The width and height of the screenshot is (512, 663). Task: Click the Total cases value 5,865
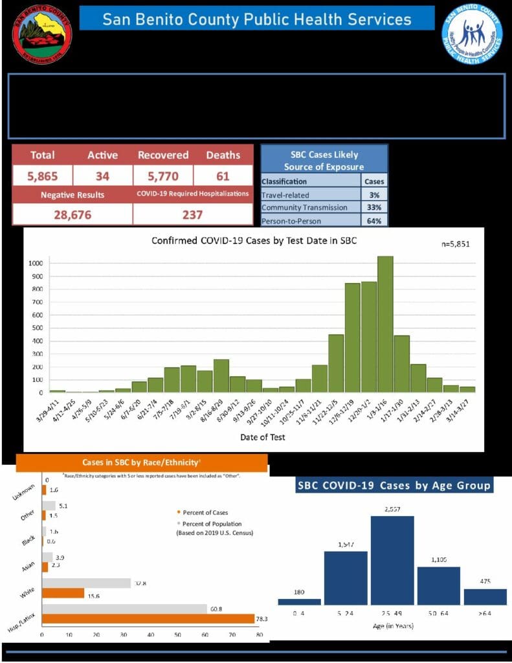(x=42, y=175)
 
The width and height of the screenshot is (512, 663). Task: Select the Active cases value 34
(x=102, y=175)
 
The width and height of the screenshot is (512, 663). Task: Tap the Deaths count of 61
(x=223, y=175)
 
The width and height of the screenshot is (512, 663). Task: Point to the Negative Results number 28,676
(x=72, y=214)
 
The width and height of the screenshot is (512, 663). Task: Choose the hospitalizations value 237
(x=192, y=214)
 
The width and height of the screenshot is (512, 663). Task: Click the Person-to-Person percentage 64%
(x=374, y=220)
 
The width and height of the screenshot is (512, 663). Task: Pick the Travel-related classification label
(x=285, y=194)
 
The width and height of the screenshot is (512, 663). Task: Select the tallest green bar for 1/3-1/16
(x=385, y=324)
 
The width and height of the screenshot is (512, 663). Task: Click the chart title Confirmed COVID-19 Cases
(x=254, y=240)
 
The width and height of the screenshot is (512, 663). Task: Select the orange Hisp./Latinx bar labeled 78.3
(x=148, y=619)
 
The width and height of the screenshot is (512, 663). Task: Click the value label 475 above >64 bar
(x=485, y=581)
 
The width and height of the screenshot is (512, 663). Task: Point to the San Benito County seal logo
(x=43, y=34)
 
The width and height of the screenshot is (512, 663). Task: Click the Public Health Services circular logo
(x=472, y=34)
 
